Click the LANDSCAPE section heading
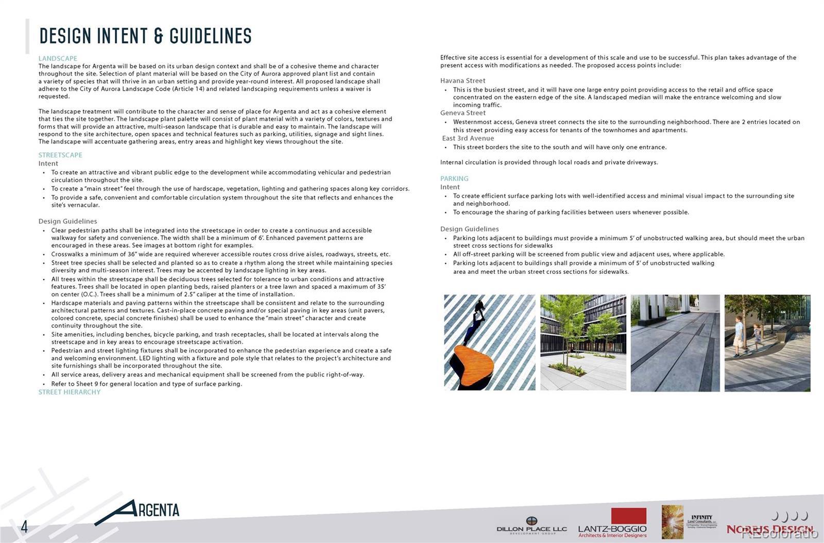click(x=58, y=58)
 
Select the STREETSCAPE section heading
click(x=60, y=155)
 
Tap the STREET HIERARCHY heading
click(x=70, y=392)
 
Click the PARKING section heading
click(x=454, y=179)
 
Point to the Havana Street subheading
click(x=462, y=81)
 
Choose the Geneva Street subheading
click(x=462, y=113)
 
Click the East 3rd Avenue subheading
click(x=468, y=138)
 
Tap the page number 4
click(x=24, y=527)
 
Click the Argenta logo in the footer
click(x=139, y=511)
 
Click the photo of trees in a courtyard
click(x=583, y=342)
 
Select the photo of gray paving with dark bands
click(x=675, y=342)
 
